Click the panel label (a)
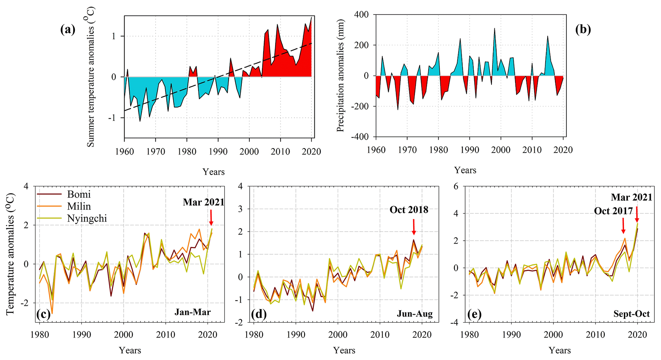(x=68, y=30)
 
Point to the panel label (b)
(x=583, y=29)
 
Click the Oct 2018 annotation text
(x=409, y=210)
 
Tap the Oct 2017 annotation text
(x=613, y=211)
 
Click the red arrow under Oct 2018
(x=414, y=227)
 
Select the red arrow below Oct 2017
(x=623, y=226)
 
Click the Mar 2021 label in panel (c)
(x=203, y=202)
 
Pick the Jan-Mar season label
(x=193, y=312)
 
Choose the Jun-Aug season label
(x=415, y=314)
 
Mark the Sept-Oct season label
(x=631, y=314)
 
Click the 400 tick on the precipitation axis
(x=361, y=15)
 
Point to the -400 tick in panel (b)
(x=360, y=137)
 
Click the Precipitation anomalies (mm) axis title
(x=340, y=76)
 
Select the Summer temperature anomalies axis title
(x=91, y=77)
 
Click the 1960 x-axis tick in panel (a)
(x=124, y=151)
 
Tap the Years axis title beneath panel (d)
(x=344, y=350)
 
